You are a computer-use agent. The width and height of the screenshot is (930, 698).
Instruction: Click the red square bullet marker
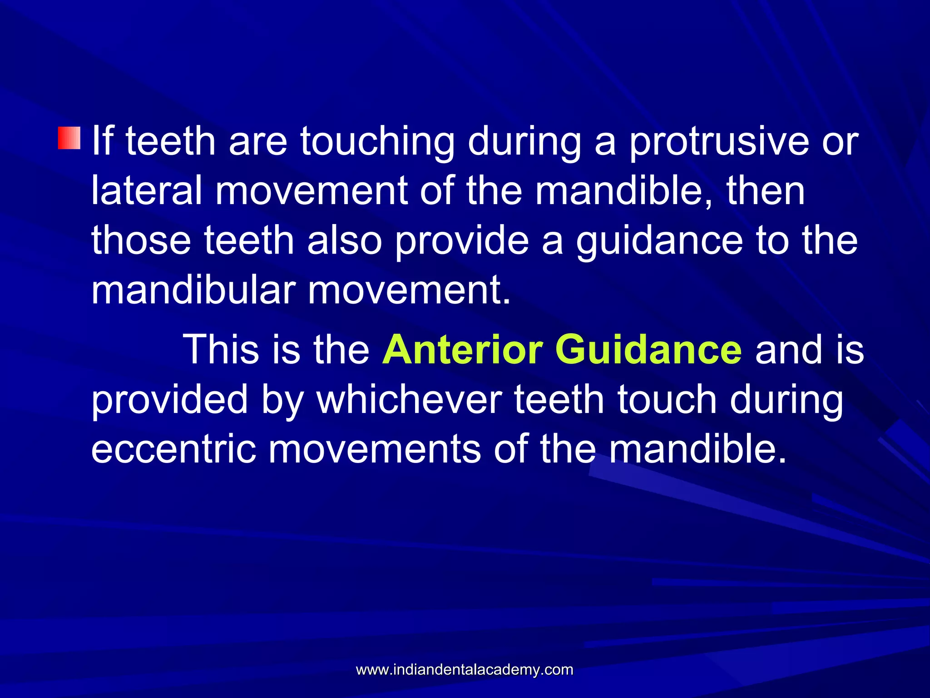[69, 138]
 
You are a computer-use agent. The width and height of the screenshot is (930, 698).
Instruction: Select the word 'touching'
[377, 142]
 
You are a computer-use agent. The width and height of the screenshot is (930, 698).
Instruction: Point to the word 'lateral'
[147, 191]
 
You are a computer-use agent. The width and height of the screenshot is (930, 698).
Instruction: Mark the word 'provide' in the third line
[461, 241]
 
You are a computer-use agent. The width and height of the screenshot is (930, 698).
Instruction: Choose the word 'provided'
[169, 400]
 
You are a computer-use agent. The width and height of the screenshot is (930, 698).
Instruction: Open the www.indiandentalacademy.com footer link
[465, 669]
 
